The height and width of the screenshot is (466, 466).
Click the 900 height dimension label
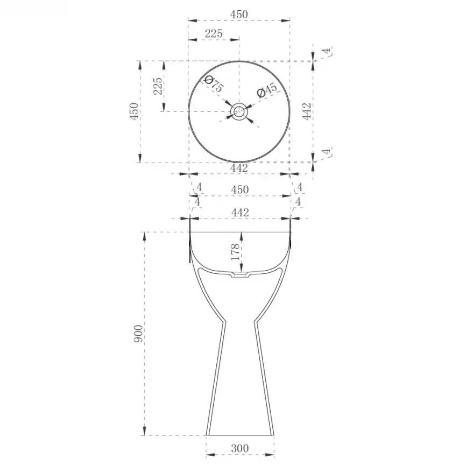(138, 334)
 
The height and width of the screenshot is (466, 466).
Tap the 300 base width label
(240, 448)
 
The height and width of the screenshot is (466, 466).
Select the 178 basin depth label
(235, 252)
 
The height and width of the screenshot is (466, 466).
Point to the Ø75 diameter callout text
(214, 84)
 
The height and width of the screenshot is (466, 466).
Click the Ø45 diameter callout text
(267, 90)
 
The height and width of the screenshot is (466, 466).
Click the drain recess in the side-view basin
(241, 275)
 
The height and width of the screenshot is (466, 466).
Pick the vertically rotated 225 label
(158, 86)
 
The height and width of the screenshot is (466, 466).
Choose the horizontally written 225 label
(214, 33)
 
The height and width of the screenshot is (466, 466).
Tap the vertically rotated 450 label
(134, 111)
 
